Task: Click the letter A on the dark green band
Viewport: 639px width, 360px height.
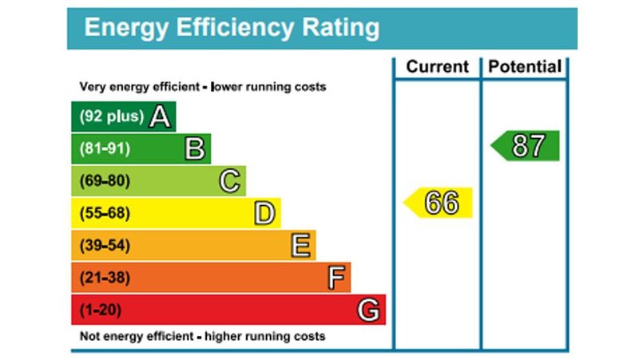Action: tap(161, 117)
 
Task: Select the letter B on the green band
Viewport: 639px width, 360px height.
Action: tap(195, 148)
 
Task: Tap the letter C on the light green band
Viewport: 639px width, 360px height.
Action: tap(230, 181)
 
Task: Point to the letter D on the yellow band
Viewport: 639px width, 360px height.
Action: tap(264, 213)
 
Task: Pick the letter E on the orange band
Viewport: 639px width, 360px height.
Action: tap(300, 245)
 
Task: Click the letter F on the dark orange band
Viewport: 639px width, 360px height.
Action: tap(337, 278)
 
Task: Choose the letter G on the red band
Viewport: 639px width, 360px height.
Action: tap(368, 310)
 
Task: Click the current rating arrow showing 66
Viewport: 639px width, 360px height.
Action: tap(439, 203)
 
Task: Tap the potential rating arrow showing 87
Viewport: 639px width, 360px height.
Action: tap(525, 146)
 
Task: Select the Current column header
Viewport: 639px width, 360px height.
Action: tap(437, 67)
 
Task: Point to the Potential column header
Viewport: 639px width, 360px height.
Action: tap(524, 67)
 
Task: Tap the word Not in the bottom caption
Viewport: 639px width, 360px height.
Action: tap(90, 336)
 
